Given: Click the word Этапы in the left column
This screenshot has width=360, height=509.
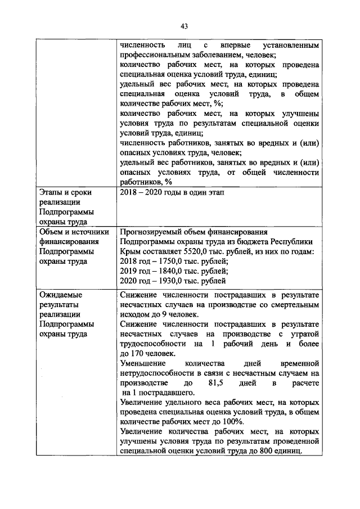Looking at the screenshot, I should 51,192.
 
